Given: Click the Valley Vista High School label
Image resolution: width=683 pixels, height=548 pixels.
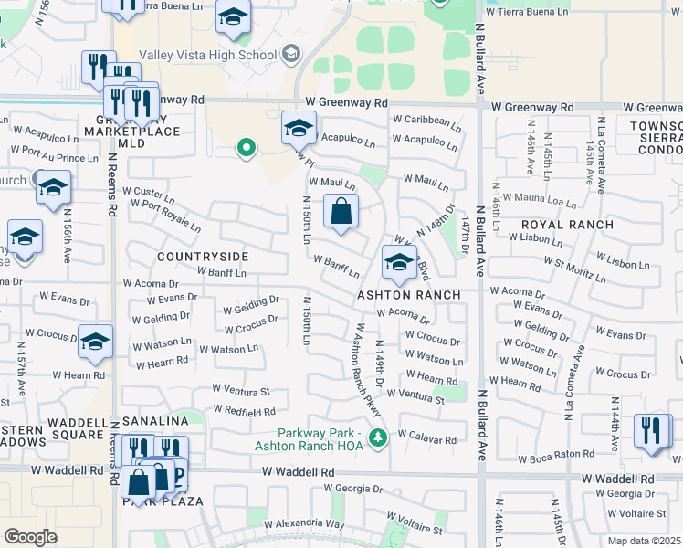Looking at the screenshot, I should coord(210,55).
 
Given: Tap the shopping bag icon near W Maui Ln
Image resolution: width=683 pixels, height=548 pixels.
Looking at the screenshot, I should coord(340,212).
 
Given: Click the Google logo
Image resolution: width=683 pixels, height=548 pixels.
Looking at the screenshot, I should coord(30,537).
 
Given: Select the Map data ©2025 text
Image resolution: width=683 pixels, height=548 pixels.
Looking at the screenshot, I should coord(645,542).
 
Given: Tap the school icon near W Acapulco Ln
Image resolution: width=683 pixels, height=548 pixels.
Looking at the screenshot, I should coord(298,128).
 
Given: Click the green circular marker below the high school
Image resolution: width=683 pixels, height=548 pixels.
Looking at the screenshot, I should coord(245,147).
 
